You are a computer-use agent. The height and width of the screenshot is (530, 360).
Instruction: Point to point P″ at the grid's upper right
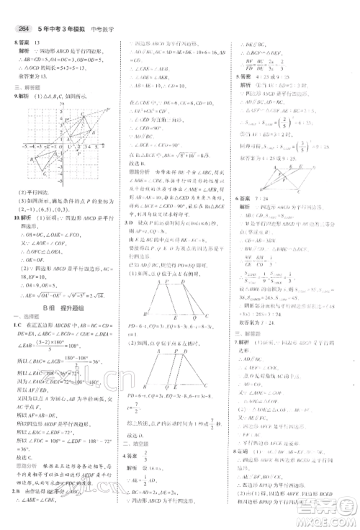pyautogui.click(x=107, y=109)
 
